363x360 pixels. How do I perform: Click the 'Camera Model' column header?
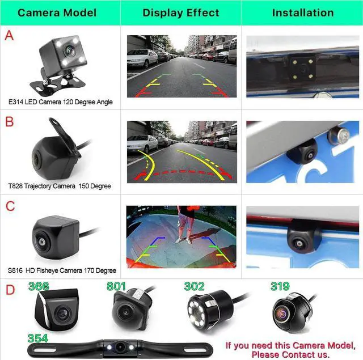(x=57, y=12)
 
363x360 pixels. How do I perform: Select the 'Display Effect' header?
(x=181, y=12)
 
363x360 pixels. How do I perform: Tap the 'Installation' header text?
(x=302, y=12)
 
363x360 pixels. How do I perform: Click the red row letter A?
(x=9, y=36)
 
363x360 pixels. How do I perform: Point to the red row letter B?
(x=9, y=122)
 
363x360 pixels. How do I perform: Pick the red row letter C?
(x=10, y=206)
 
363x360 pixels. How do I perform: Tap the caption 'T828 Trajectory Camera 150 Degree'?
(x=60, y=186)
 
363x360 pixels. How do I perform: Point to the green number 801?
(x=116, y=287)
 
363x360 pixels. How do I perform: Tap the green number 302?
(x=194, y=287)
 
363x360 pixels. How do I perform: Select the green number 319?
(x=280, y=287)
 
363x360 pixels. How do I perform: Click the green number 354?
(x=37, y=338)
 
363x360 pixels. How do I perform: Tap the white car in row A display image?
(x=142, y=58)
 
